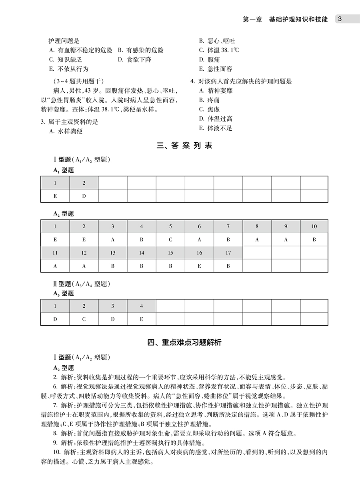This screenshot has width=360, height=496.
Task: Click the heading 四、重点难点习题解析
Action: tap(184, 342)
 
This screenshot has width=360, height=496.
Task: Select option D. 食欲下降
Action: tap(134, 60)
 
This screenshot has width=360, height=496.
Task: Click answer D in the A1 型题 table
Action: tap(84, 196)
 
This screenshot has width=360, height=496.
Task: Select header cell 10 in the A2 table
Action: tap(314, 227)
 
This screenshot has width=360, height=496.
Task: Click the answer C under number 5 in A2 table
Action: tap(170, 240)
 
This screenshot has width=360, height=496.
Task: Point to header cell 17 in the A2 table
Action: tap(228, 253)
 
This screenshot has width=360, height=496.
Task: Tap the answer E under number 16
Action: tap(199, 266)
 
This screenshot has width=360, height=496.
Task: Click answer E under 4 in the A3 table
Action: tap(142, 319)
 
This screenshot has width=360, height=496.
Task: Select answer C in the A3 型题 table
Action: tap(84, 319)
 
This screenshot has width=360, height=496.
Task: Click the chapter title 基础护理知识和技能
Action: tap(298, 19)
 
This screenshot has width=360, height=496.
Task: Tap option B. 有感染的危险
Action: tap(140, 50)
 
